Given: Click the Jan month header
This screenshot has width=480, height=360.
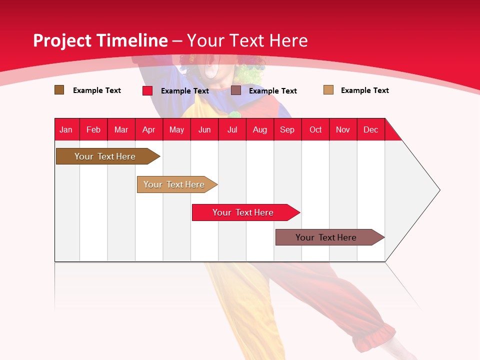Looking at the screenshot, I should (66, 129).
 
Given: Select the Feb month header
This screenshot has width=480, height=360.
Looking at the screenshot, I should (93, 129).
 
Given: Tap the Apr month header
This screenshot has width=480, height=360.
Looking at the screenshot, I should (148, 129).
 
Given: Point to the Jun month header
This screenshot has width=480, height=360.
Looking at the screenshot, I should (204, 129).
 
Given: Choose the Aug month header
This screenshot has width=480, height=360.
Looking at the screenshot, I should (259, 129).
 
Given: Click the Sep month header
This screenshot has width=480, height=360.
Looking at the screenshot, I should (287, 129).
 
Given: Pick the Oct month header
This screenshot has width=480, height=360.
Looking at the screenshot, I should (315, 129).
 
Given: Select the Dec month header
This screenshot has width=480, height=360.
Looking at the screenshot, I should (370, 129).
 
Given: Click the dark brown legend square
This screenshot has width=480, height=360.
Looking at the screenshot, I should (59, 90).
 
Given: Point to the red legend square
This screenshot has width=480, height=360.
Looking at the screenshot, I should (147, 90).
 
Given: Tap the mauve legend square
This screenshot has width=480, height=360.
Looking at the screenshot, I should (236, 90).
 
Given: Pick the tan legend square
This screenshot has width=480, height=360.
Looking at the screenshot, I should (328, 90).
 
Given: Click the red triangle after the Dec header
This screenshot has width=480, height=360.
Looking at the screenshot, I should (391, 133).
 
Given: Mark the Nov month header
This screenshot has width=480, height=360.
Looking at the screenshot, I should (343, 129).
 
